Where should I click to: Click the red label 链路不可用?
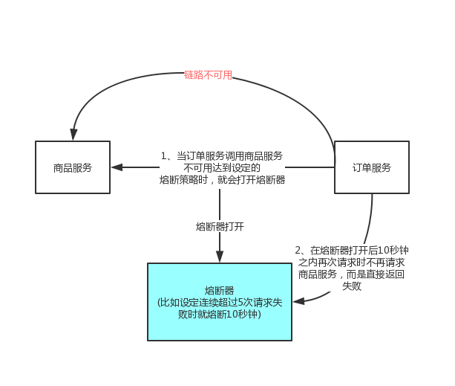click(208, 75)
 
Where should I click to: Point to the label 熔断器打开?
click(220, 225)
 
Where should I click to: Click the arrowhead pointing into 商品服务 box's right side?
click(116, 167)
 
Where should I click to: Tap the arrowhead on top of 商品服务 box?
click(73, 135)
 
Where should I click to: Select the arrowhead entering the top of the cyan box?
click(220, 257)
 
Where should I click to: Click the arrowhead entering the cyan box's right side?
click(298, 301)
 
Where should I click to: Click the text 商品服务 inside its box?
click(73, 167)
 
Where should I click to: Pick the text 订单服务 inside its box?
click(371, 167)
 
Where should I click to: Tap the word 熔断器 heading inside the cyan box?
click(220, 290)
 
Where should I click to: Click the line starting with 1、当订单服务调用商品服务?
click(222, 156)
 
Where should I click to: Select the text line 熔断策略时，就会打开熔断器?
click(222, 180)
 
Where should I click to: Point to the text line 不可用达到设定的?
click(222, 168)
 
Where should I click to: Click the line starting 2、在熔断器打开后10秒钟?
click(352, 251)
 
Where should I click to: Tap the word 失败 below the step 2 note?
click(352, 286)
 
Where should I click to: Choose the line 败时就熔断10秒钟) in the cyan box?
click(220, 315)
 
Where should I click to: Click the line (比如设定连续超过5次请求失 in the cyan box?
click(220, 303)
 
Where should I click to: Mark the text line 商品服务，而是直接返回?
click(352, 274)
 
